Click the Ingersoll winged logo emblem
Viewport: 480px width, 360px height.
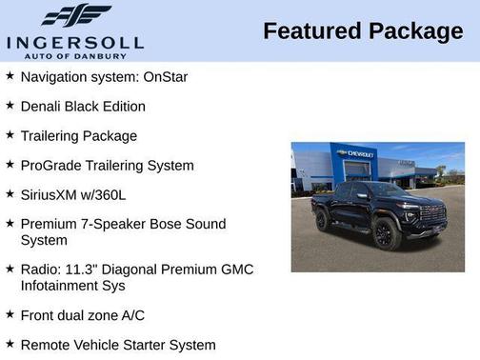75,16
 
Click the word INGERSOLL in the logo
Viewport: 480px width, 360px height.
75,42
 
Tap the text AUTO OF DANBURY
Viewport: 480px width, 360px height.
75,55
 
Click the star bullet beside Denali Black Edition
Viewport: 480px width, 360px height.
10,105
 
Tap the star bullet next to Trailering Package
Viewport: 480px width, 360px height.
10,135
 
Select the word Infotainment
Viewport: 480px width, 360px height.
62,285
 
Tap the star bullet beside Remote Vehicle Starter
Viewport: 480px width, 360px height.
10,343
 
